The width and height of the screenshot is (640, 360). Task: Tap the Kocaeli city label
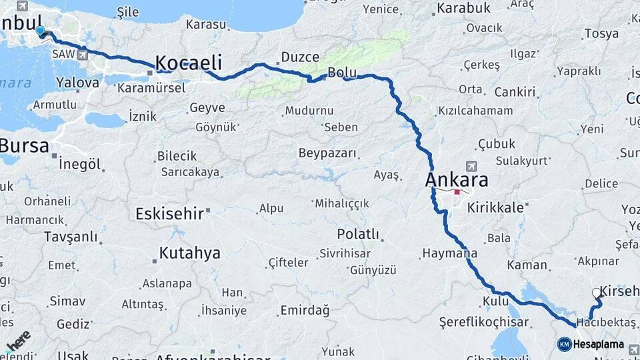[189, 63]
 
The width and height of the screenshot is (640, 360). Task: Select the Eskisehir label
[169, 214]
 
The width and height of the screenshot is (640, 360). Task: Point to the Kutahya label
[190, 253]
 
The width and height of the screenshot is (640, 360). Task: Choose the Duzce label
[300, 57]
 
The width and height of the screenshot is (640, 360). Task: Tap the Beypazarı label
[327, 153]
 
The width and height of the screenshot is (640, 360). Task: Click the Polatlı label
[358, 234]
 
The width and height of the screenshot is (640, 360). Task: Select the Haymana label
[449, 254]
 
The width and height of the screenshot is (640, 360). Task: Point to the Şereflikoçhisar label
[484, 323]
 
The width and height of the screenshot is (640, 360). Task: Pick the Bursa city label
[24, 145]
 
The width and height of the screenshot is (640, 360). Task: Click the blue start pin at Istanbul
[41, 31]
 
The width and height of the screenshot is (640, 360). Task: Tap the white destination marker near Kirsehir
[597, 293]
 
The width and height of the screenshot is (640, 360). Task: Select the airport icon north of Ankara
[473, 165]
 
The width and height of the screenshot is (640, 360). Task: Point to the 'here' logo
[19, 341]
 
